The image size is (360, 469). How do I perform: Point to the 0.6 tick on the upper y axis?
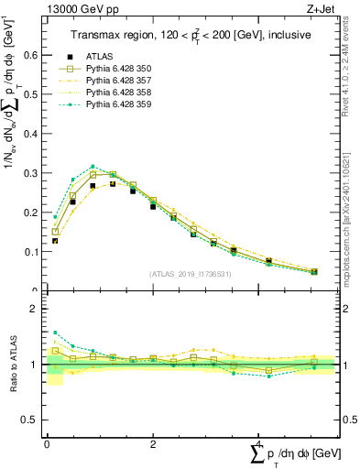[x=30, y=55]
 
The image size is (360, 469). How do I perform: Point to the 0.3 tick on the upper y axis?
[x=30, y=173]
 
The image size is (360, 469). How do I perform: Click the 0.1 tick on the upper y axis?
[x=30, y=252]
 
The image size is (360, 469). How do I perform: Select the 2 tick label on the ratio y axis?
[x=34, y=310]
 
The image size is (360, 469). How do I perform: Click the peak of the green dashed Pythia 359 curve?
[x=93, y=167]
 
